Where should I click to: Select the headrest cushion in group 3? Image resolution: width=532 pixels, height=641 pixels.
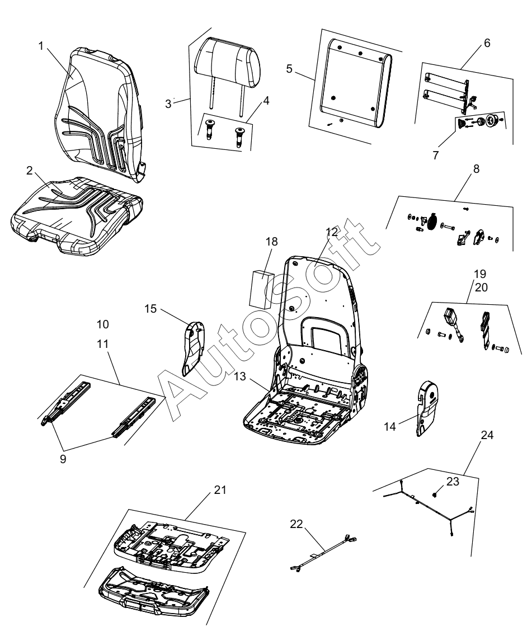[x=227, y=63]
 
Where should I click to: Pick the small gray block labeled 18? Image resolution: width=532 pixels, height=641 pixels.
[x=260, y=289]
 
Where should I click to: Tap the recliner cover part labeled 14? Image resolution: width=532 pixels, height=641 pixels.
[x=428, y=406]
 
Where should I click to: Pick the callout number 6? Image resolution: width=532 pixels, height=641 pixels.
[x=487, y=43]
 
